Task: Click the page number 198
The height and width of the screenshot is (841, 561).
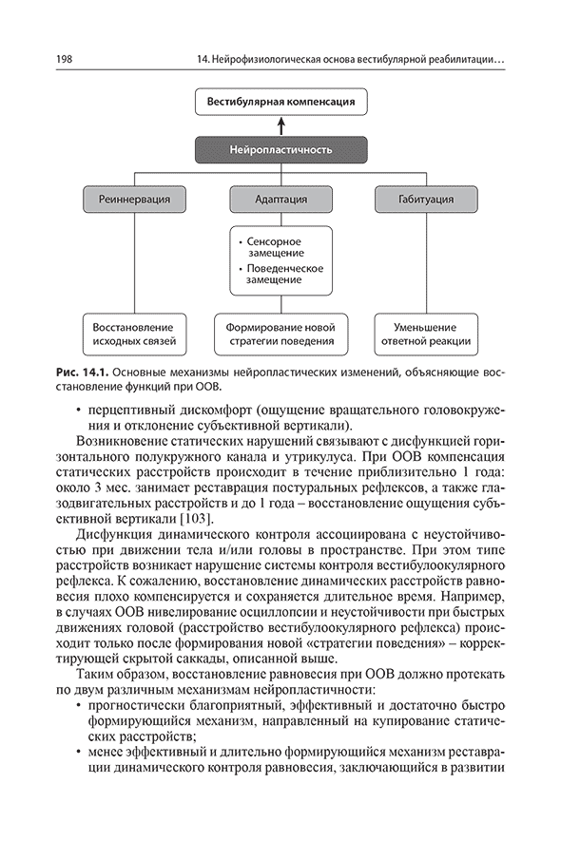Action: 64,60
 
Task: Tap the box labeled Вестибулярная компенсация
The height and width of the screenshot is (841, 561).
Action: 280,102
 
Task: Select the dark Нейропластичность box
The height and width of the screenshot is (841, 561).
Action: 280,149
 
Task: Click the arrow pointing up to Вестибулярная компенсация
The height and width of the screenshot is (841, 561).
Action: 280,126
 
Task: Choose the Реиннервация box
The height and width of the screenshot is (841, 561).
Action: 134,199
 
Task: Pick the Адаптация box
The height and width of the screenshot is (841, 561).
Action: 280,199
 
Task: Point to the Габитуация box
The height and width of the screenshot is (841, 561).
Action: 426,199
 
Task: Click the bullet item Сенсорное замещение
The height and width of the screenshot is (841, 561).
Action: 272,247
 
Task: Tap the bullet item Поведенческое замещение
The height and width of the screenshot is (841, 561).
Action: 280,274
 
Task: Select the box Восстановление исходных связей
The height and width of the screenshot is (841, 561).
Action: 134,334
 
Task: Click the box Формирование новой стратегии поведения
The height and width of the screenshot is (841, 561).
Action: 280,334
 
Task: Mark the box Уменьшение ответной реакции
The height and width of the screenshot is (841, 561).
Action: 426,334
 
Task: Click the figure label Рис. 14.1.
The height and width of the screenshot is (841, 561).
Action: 83,372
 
